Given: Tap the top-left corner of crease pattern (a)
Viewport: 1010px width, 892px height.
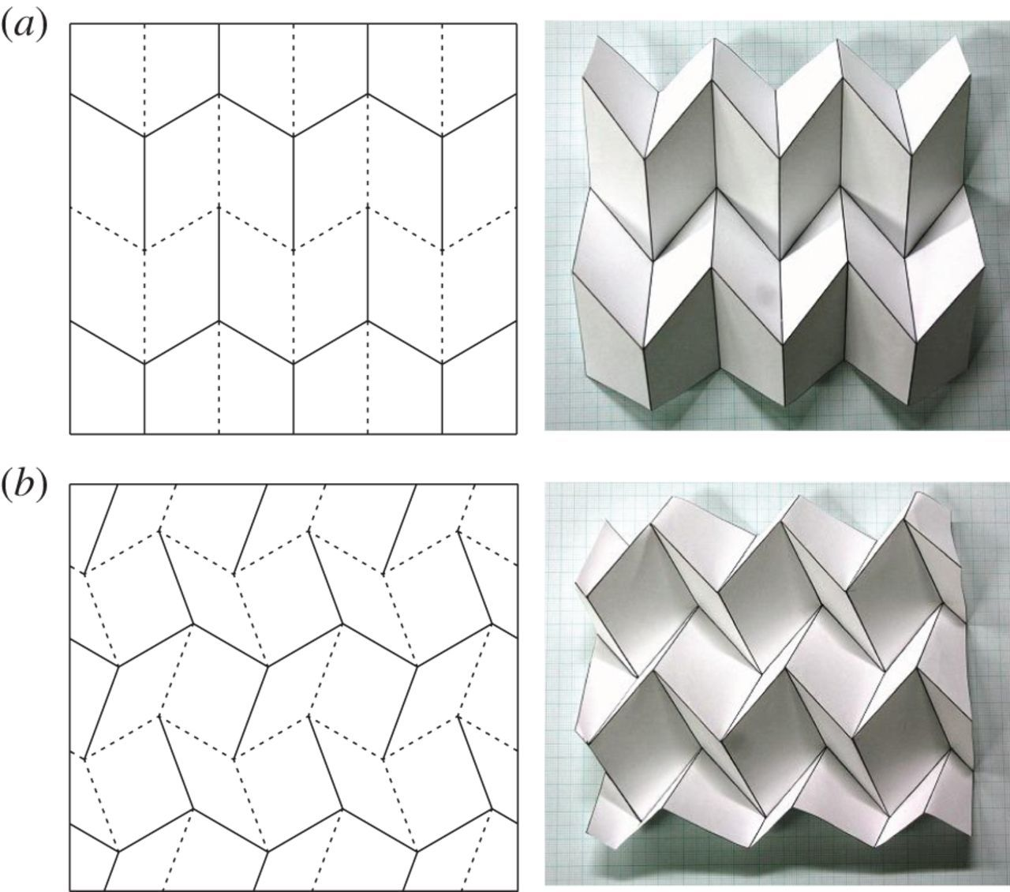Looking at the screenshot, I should coord(70,24).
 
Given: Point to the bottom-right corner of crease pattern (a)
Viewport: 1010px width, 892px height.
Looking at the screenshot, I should coord(517,433).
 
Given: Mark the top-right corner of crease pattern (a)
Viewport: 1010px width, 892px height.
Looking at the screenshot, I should coord(517,24).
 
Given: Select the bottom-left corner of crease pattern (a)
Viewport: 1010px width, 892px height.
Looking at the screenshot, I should coord(70,433).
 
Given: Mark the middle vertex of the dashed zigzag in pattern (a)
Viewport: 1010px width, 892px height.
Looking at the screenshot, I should coord(294,250).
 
